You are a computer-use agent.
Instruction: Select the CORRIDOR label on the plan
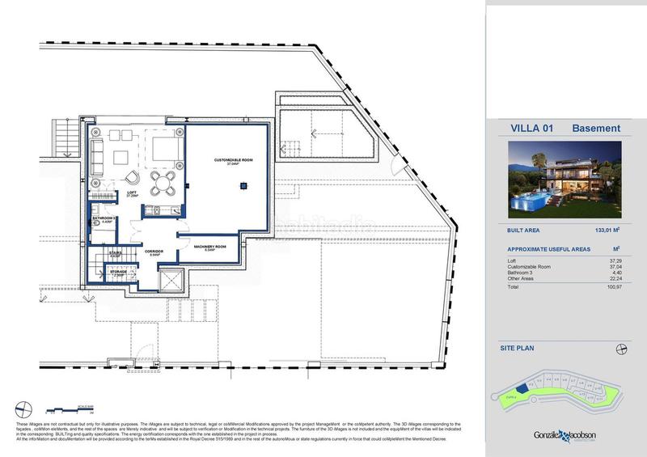click(x=154, y=252)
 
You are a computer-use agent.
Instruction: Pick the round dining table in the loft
click(x=165, y=180)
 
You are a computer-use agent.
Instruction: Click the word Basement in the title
click(x=596, y=129)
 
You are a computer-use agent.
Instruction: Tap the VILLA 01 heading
click(x=530, y=129)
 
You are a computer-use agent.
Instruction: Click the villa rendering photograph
click(x=565, y=178)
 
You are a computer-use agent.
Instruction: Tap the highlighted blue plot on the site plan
click(x=523, y=387)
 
